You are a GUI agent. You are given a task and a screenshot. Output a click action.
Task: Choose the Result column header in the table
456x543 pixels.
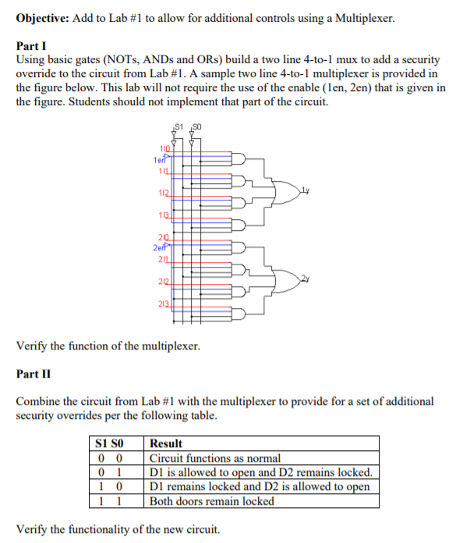166,443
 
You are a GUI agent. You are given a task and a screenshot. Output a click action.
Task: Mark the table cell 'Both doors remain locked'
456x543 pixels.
211,501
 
